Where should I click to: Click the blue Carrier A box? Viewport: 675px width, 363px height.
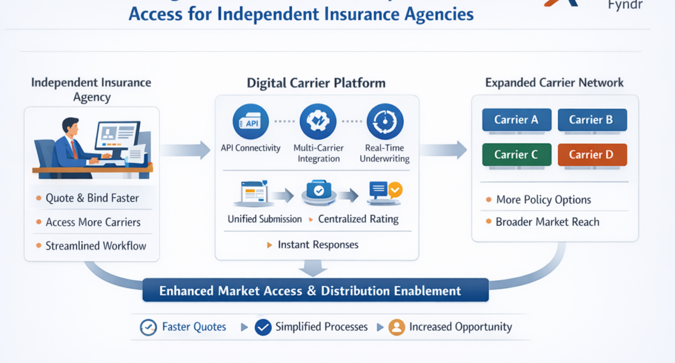click(516, 120)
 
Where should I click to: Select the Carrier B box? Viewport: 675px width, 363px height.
click(592, 120)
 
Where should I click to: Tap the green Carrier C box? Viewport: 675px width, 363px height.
click(516, 155)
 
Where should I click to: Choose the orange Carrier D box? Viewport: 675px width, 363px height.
click(592, 155)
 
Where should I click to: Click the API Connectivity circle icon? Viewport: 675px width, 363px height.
click(250, 122)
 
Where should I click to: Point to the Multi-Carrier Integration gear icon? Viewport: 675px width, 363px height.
click(318, 122)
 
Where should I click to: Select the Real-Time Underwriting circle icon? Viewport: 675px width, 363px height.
click(385, 122)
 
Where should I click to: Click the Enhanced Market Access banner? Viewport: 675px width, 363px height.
click(315, 290)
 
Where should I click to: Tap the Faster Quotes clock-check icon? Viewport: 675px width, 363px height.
click(148, 327)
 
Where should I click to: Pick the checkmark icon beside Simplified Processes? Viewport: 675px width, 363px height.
click(263, 327)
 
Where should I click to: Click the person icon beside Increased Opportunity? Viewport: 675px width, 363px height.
click(397, 327)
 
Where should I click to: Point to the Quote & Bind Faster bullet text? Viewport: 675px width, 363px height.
click(92, 198)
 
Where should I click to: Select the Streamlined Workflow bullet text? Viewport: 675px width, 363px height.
click(96, 246)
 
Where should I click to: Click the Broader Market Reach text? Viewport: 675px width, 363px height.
click(547, 222)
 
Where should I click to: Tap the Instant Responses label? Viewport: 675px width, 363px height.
click(318, 245)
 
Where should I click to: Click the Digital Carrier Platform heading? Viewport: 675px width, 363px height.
click(316, 83)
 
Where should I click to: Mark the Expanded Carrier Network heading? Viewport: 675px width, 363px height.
click(554, 83)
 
